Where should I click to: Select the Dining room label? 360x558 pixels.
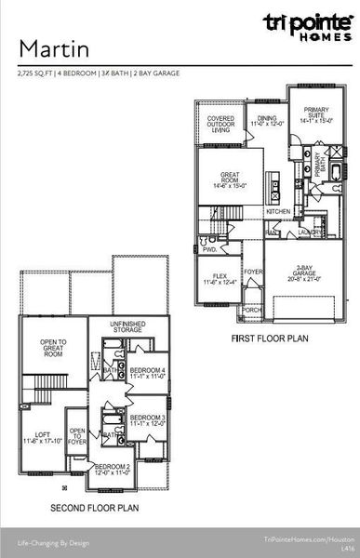(x=268, y=122)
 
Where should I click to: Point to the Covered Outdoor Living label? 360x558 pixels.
(x=220, y=124)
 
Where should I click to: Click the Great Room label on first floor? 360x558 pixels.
(x=230, y=179)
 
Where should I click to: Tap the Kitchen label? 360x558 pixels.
(x=278, y=212)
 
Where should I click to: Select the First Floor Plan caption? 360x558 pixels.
(x=269, y=339)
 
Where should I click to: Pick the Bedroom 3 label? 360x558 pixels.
(x=148, y=420)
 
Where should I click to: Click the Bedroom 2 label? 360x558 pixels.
(x=113, y=470)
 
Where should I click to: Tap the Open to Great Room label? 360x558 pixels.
(x=39, y=349)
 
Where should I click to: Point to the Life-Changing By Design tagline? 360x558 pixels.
(x=54, y=539)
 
